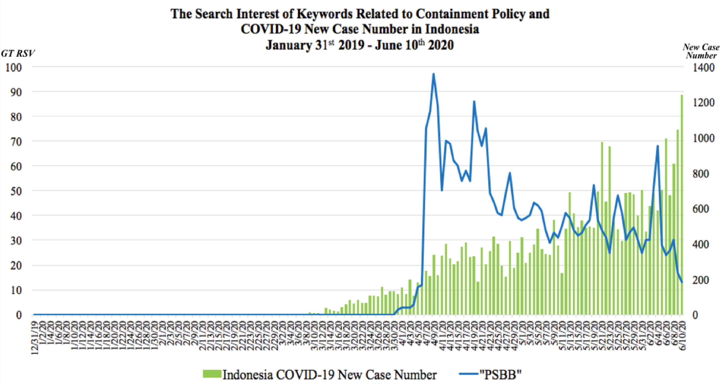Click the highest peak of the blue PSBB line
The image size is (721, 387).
coord(433,74)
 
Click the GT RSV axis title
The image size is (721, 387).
coord(18,53)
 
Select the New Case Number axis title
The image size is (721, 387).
coord(701,51)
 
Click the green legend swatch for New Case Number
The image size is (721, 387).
coord(212,374)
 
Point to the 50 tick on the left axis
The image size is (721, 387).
coord(16,191)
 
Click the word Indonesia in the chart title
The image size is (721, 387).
coord(452,29)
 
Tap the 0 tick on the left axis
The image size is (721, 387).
coord(18,315)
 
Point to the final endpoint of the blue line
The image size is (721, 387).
coord(682,282)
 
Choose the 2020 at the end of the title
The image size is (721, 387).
coord(440,45)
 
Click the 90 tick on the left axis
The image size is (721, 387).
coord(16,92)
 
